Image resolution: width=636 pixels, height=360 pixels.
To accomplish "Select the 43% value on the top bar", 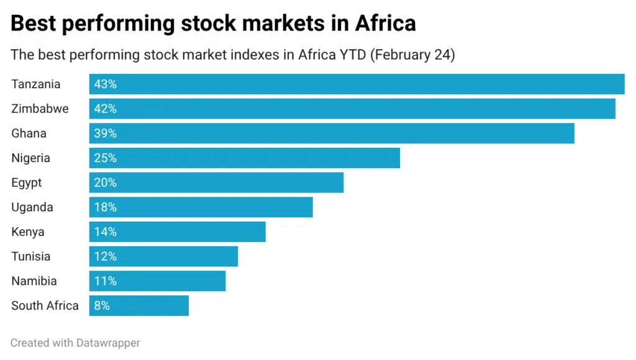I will pyautogui.click(x=105, y=84).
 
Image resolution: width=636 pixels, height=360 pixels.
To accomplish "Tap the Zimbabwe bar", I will pyautogui.click(x=352, y=109).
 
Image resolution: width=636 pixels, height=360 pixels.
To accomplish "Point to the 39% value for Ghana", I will pyautogui.click(x=105, y=133).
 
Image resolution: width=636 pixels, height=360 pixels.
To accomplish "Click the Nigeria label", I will pyautogui.click(x=30, y=158).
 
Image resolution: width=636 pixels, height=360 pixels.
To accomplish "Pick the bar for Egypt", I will pyautogui.click(x=216, y=182).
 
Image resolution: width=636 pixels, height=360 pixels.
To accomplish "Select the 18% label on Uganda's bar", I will pyautogui.click(x=105, y=207).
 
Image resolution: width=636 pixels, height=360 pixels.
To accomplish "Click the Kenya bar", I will pyautogui.click(x=177, y=232).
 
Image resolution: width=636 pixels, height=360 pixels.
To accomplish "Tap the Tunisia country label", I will pyautogui.click(x=30, y=256).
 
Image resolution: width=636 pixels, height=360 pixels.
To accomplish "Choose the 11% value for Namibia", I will pyautogui.click(x=105, y=281).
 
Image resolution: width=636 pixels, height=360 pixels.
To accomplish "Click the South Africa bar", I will pyautogui.click(x=139, y=305).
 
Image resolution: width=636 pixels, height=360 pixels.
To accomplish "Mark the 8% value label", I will pyautogui.click(x=102, y=305).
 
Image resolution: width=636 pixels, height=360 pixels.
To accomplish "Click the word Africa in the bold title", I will pyautogui.click(x=385, y=24).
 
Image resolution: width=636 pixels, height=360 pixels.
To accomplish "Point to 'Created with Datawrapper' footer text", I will pyautogui.click(x=75, y=343).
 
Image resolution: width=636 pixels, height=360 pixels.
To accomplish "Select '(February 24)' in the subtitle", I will pyautogui.click(x=412, y=55).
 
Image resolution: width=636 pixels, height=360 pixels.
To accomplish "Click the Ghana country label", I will pyautogui.click(x=29, y=133).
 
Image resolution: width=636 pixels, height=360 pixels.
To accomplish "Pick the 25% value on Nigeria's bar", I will pyautogui.click(x=105, y=158).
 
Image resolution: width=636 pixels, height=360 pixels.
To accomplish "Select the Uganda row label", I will pyautogui.click(x=32, y=207).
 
